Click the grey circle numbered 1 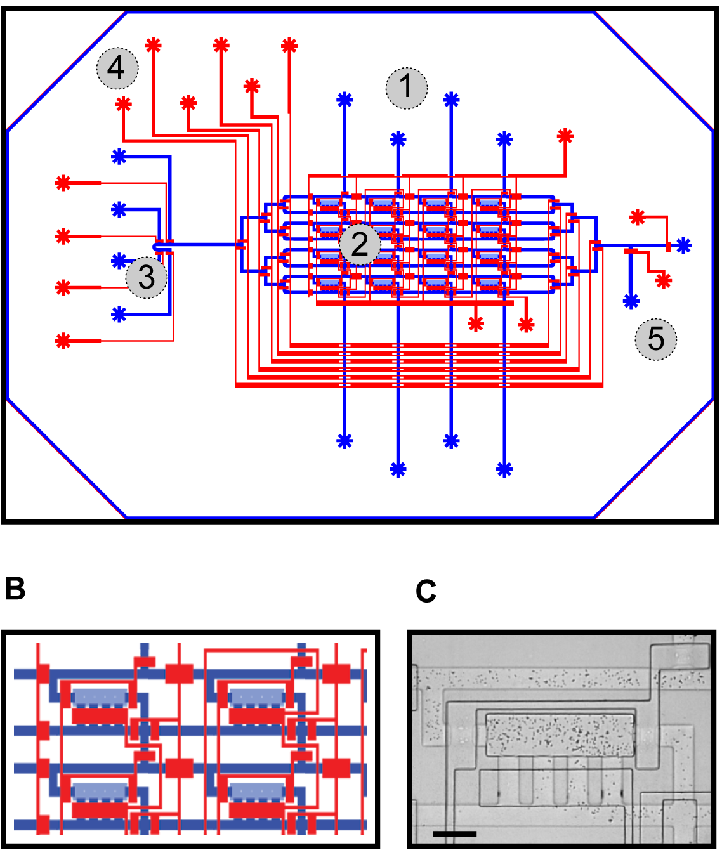pyautogui.click(x=407, y=88)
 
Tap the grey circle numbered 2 pyautogui.click(x=360, y=244)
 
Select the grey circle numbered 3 pyautogui.click(x=147, y=277)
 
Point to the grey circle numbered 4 pyautogui.click(x=117, y=68)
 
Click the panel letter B pyautogui.click(x=15, y=589)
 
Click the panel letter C pyautogui.click(x=426, y=591)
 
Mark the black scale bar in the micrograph pyautogui.click(x=454, y=833)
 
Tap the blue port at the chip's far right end pyautogui.click(x=683, y=245)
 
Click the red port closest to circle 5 pyautogui.click(x=664, y=280)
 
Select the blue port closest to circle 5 pyautogui.click(x=631, y=301)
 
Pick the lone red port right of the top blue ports pyautogui.click(x=565, y=136)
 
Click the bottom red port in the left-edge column pyautogui.click(x=63, y=341)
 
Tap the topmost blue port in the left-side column pyautogui.click(x=119, y=157)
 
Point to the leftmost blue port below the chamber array pyautogui.click(x=345, y=441)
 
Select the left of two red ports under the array pyautogui.click(x=476, y=324)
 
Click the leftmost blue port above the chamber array pyautogui.click(x=345, y=100)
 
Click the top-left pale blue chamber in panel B pyautogui.click(x=101, y=698)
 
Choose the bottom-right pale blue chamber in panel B pyautogui.click(x=257, y=791)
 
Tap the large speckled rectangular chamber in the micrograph pyautogui.click(x=560, y=734)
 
